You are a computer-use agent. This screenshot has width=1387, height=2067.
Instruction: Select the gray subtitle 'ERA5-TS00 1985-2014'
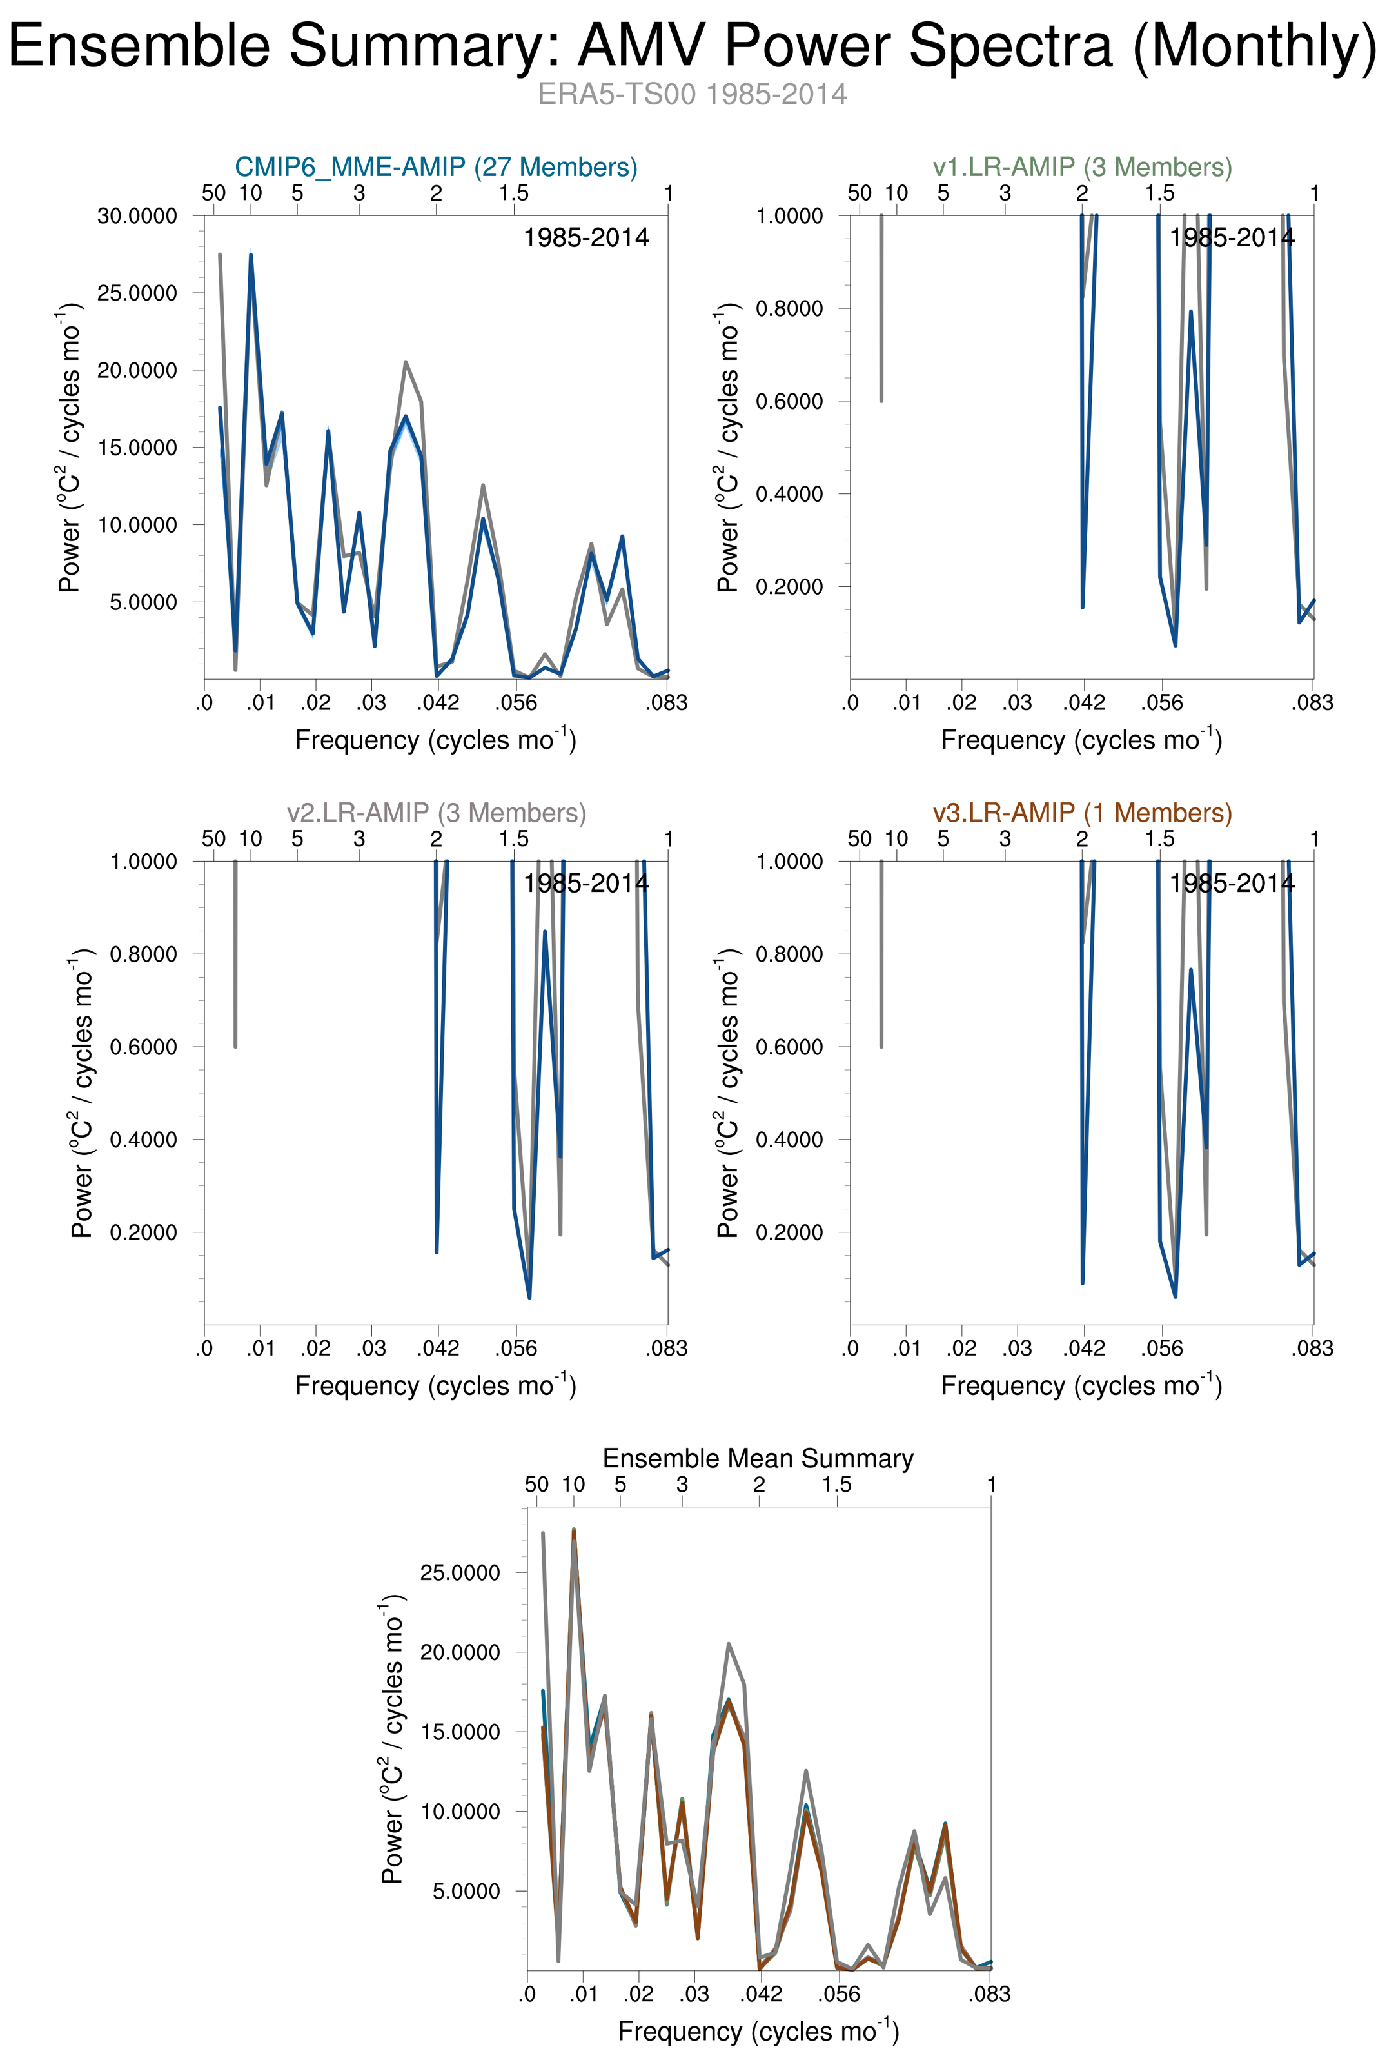coord(693,94)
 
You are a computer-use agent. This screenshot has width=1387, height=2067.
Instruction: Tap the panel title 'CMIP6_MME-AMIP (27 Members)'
coord(436,167)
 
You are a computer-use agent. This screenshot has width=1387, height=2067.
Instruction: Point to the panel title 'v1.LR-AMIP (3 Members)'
coord(1082,167)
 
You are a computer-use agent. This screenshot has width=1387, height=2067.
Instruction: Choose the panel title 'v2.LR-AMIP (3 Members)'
coord(436,813)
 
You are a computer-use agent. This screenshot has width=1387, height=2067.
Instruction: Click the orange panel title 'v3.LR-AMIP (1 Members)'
coord(1082,813)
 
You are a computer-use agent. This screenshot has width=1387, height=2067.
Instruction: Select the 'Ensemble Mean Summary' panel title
coord(758,1458)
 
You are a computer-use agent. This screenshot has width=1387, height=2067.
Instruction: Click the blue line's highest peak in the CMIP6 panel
coord(251,255)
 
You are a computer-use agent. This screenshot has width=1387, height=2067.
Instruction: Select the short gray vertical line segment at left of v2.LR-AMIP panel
coord(235,953)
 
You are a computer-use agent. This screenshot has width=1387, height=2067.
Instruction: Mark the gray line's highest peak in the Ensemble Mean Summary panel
coord(543,1533)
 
